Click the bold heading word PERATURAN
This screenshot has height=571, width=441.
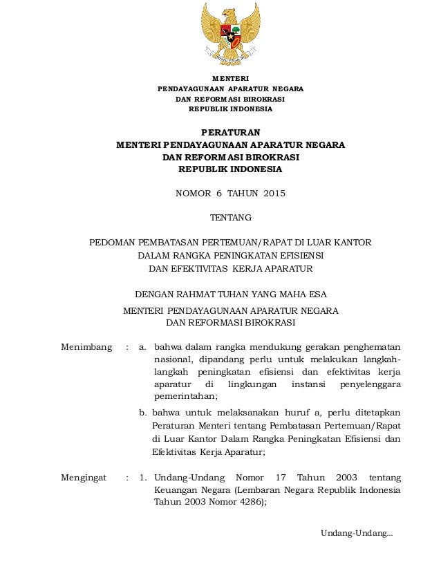[230, 131]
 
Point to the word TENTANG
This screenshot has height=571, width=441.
[230, 218]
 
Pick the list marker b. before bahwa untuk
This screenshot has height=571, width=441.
[143, 413]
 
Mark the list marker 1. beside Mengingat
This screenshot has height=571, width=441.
[143, 478]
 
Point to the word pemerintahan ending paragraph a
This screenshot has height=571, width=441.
[185, 396]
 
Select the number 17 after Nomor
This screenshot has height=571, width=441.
[281, 478]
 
